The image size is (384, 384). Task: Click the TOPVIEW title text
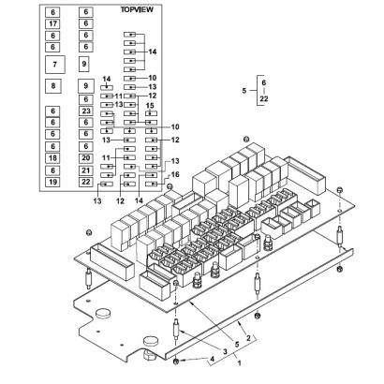coord(137,9)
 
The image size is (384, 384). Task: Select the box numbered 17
coord(52,23)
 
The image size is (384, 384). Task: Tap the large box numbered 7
coord(55,65)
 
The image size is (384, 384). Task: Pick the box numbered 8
coord(53,86)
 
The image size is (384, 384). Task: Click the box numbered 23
coord(86,111)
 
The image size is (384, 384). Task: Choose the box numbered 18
coord(52,158)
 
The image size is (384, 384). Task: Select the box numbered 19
coord(52,182)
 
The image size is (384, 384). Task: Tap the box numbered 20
coord(86,158)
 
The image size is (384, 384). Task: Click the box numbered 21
coord(86,170)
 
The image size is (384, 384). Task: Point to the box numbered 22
coord(86,182)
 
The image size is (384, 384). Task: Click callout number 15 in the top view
coord(150,106)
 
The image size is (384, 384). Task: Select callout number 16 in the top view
coord(175,174)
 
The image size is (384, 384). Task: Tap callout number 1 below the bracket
coord(240,363)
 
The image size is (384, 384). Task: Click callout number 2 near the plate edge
coord(248,338)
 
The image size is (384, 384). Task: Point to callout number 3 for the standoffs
coord(225,351)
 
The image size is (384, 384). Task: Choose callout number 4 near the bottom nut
coord(213,359)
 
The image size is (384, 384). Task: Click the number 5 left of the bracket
coord(244,91)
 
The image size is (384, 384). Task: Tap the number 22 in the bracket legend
coord(264,99)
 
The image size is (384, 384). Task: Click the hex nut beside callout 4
coord(175,362)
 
